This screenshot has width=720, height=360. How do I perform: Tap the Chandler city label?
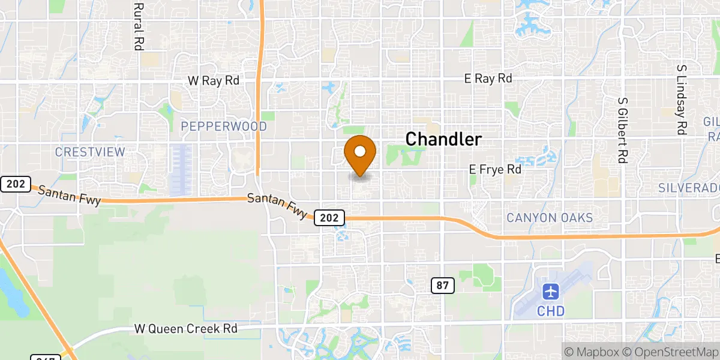point(443,140)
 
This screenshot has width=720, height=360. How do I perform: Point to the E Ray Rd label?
point(488,79)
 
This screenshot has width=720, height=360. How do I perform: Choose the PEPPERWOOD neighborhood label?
point(224,127)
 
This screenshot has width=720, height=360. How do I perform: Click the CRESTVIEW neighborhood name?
point(90,152)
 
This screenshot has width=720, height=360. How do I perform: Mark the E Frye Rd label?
point(495,170)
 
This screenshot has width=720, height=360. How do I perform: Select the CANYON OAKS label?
point(550,218)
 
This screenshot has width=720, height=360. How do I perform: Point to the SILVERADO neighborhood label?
point(689,188)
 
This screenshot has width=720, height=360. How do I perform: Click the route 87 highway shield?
point(442,286)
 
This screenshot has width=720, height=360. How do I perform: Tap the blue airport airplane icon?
point(551,293)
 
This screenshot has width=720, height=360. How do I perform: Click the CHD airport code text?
point(551,311)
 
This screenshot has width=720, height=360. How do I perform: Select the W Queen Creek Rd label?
point(185,329)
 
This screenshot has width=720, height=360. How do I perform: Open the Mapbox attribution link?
point(590,352)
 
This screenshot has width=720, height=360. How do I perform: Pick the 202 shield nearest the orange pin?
point(329,217)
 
